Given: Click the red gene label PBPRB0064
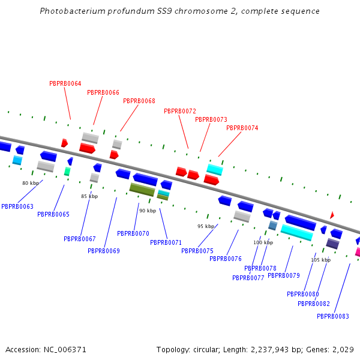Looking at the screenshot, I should [65, 83].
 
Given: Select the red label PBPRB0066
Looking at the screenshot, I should [103, 92].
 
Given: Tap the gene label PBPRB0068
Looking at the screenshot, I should [139, 101].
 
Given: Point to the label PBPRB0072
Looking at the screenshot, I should [180, 111].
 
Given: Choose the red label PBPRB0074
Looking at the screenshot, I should [242, 128].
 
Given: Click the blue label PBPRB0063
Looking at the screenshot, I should [17, 206].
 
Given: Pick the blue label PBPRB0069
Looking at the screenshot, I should [104, 251].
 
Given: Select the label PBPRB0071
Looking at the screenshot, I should [166, 242].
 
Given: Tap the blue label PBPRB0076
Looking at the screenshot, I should [226, 259].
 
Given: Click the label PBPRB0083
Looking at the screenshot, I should [333, 316].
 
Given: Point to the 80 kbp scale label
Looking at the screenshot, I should [31, 183].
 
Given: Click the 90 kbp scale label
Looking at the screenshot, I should [148, 211].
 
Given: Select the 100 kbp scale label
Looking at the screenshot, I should [263, 242].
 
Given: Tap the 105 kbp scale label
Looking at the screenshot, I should [320, 260].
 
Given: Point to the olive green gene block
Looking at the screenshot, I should [142, 190].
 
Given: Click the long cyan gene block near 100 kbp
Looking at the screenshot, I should [296, 232].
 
